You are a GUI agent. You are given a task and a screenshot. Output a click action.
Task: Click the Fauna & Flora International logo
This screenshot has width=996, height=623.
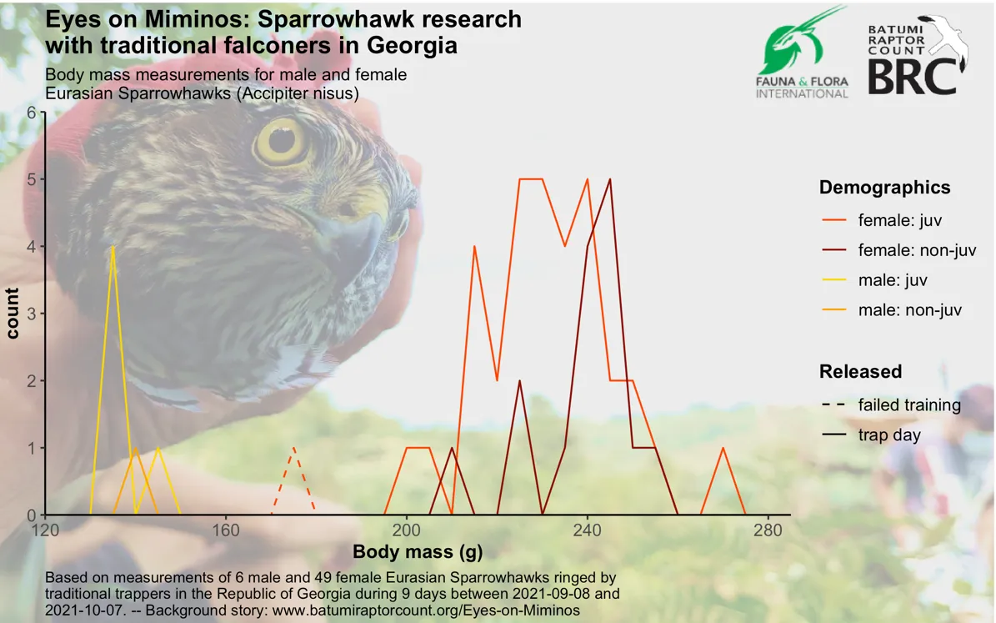click(x=802, y=53)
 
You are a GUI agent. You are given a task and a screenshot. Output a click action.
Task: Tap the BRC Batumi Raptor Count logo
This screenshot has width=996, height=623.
click(x=917, y=56)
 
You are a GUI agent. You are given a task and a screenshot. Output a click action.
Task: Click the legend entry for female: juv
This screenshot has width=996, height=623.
click(x=882, y=220)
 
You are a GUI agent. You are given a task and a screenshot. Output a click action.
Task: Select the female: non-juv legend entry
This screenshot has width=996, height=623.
click(x=898, y=250)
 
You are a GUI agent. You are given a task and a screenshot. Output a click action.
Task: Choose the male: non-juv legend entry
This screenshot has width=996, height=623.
click(x=891, y=310)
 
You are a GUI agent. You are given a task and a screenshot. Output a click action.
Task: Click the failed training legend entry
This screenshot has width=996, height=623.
click(x=890, y=405)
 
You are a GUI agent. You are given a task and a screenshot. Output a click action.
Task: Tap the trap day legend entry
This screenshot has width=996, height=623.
click(x=870, y=435)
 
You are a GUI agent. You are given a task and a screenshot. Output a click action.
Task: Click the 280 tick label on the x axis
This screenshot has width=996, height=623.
click(x=768, y=530)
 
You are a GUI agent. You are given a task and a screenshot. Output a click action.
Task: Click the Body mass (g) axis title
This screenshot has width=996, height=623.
click(x=418, y=551)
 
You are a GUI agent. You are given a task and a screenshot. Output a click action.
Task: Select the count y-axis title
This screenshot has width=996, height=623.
click(x=12, y=314)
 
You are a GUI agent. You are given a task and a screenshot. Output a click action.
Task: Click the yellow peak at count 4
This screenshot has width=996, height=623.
click(x=113, y=247)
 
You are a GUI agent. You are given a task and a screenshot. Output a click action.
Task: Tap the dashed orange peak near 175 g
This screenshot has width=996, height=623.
click(x=293, y=448)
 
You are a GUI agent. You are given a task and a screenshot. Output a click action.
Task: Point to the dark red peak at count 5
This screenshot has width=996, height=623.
click(x=610, y=179)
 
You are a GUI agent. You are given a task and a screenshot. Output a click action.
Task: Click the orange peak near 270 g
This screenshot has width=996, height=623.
click(x=723, y=448)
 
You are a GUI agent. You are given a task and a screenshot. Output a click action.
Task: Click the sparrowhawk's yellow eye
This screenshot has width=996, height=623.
click(x=280, y=140)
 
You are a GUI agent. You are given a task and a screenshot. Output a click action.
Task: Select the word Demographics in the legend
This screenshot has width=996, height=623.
click(x=885, y=188)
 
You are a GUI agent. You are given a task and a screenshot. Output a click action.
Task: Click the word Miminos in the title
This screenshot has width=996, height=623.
click(x=198, y=19)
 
